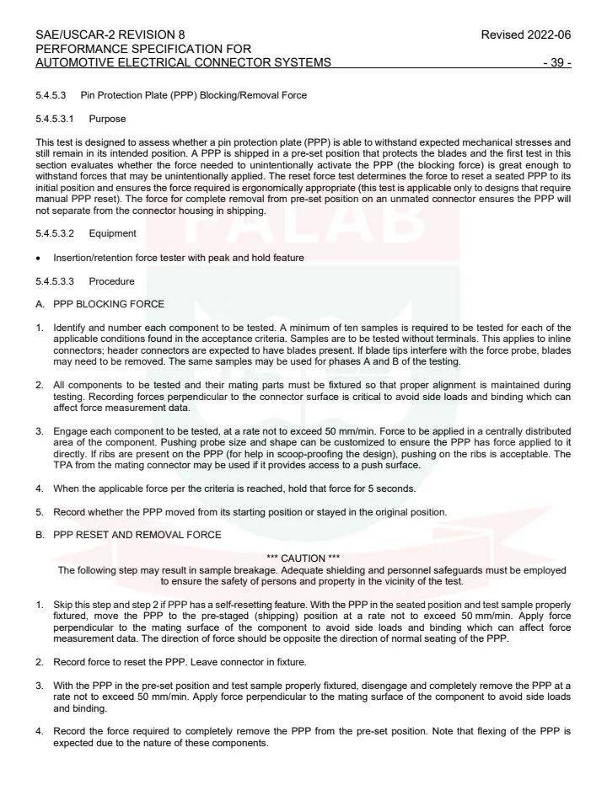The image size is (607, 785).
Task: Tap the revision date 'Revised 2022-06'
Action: (525, 35)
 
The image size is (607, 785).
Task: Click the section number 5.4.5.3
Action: (51, 95)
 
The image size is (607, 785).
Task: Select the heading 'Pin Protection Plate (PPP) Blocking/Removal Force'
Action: (194, 95)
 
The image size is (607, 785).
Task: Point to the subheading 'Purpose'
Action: (106, 119)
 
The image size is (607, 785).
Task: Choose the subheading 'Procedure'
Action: (111, 280)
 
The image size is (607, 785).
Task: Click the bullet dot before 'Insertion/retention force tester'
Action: (39, 258)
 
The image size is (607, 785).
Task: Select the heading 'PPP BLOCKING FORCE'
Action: (109, 304)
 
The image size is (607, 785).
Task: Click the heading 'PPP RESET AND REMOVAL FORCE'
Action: (137, 535)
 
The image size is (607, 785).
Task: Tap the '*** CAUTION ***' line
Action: (303, 558)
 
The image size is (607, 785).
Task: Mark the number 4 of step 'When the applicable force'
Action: (40, 489)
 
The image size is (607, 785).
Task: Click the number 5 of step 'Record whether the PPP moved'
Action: (40, 512)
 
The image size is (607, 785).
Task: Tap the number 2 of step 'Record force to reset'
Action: (40, 662)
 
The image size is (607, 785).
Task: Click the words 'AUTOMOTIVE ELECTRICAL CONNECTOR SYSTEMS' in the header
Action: (183, 63)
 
